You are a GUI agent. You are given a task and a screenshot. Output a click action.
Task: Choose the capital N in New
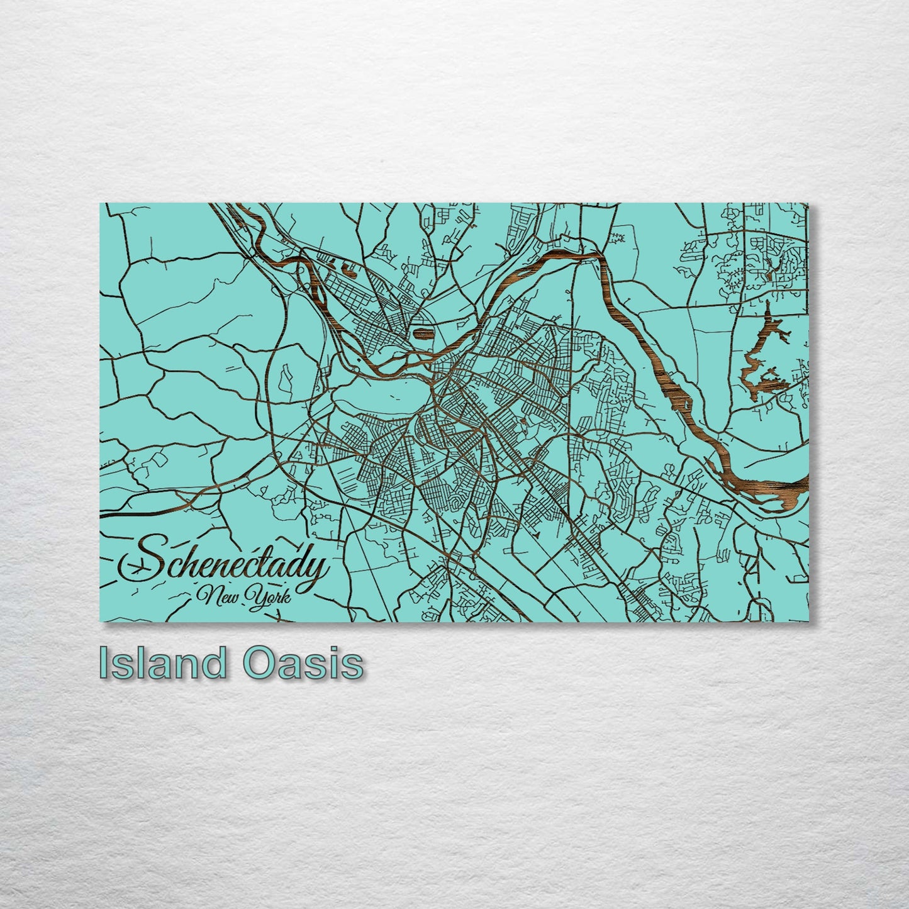[x=205, y=594]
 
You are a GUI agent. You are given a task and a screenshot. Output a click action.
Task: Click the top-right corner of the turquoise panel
[x=807, y=204]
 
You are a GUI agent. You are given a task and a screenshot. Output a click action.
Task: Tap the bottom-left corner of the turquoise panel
[x=101, y=620]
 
